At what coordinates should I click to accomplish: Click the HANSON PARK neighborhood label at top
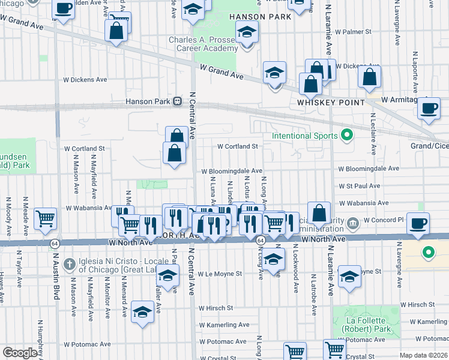[x=262, y=17]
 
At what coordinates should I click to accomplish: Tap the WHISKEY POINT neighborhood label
[x=331, y=103]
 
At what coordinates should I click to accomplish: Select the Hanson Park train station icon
[x=178, y=101]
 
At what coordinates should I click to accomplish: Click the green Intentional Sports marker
[x=346, y=136]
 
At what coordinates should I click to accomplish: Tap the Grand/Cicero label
[x=429, y=146]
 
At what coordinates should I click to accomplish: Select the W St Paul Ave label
[x=359, y=186]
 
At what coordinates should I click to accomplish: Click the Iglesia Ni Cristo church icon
[x=70, y=263]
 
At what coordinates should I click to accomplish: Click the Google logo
[x=20, y=353]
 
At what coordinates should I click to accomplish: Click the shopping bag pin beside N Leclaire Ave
[x=369, y=77]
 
